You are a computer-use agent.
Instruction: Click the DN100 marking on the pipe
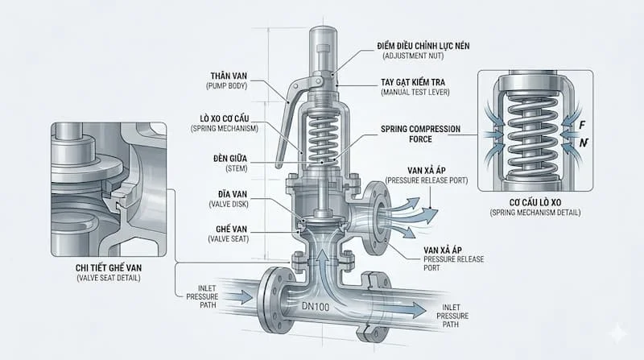point(316,306)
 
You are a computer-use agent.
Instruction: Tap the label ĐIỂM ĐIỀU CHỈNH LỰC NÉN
point(423,46)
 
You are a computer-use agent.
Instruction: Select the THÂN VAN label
point(229,76)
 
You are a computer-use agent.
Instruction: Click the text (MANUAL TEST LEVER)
point(415,93)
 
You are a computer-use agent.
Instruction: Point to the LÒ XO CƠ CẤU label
point(225,118)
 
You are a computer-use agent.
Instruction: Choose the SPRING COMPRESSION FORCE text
point(420,134)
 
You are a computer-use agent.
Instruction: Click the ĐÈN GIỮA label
point(230,158)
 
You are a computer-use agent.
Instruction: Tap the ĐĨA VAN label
point(233,194)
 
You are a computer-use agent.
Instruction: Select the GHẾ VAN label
point(232,229)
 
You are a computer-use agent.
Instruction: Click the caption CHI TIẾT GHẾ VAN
point(109,268)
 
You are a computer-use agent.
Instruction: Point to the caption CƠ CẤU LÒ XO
point(535,203)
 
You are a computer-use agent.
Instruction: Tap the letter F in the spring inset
point(582,125)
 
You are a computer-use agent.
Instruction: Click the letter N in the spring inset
point(583,143)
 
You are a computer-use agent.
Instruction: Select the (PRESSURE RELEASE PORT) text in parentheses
point(427,180)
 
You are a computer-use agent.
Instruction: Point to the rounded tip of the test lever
point(279,165)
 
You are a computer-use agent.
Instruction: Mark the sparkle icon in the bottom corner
point(618,333)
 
